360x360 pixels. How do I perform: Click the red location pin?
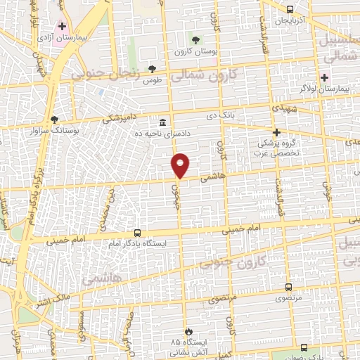coord(181,165)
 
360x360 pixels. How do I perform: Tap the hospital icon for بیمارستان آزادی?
coord(63,26)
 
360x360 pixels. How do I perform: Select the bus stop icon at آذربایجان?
coord(290,10)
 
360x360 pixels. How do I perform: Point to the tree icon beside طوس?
coord(152,68)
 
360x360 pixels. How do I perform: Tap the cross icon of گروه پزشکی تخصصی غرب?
coord(276,131)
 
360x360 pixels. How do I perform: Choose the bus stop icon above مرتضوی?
coord(288,287)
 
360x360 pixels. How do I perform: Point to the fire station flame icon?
coord(188,330)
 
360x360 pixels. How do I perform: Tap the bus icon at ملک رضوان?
coord(303,347)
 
